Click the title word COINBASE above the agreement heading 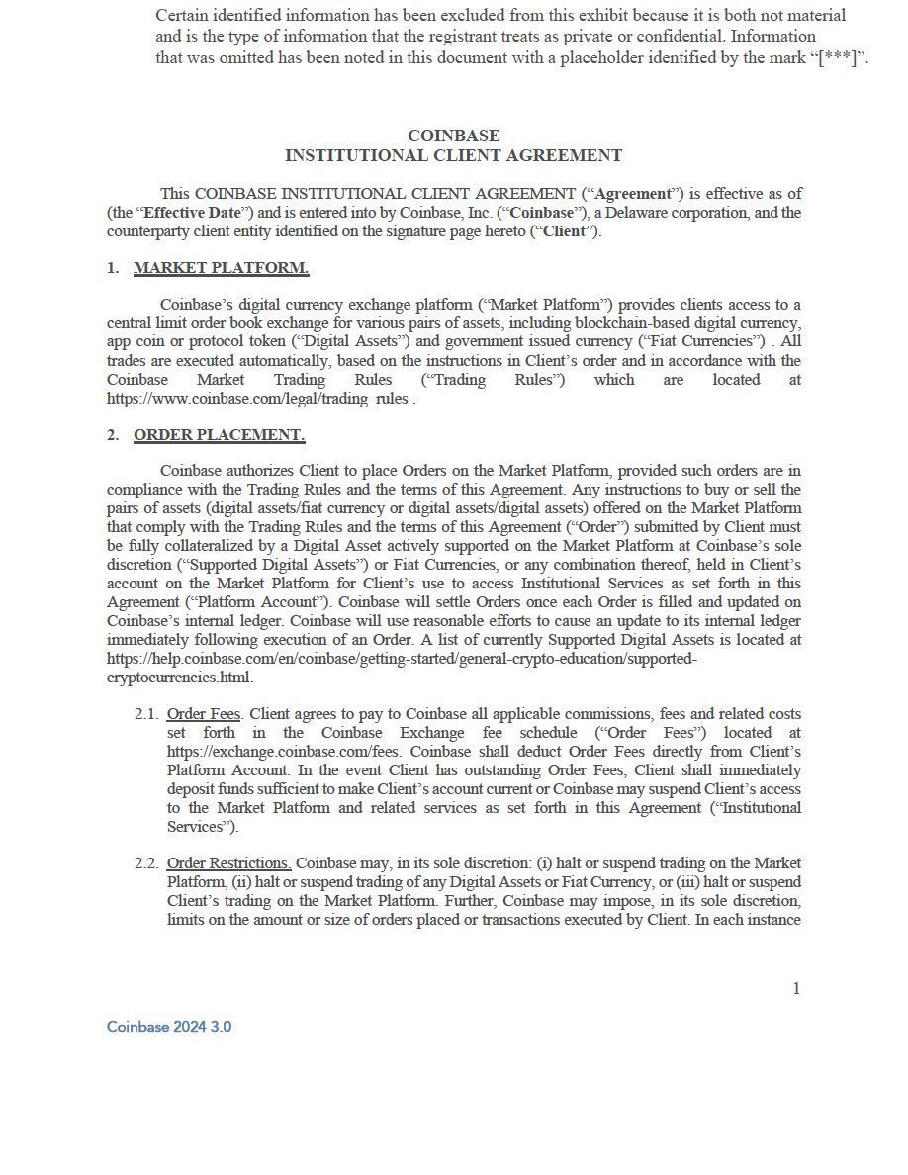pyautogui.click(x=453, y=136)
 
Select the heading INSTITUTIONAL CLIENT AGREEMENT pyautogui.click(x=453, y=155)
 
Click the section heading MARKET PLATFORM pyautogui.click(x=221, y=268)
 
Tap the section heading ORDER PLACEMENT pyautogui.click(x=219, y=435)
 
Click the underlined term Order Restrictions pyautogui.click(x=228, y=863)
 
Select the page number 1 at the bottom pyautogui.click(x=796, y=988)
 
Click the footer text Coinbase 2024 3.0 pyautogui.click(x=169, y=1027)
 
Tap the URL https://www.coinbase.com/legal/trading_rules pyautogui.click(x=257, y=399)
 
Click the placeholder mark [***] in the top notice pyautogui.click(x=837, y=57)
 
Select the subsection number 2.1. pyautogui.click(x=146, y=714)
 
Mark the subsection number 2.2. pyautogui.click(x=146, y=863)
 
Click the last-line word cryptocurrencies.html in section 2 pyautogui.click(x=179, y=678)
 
